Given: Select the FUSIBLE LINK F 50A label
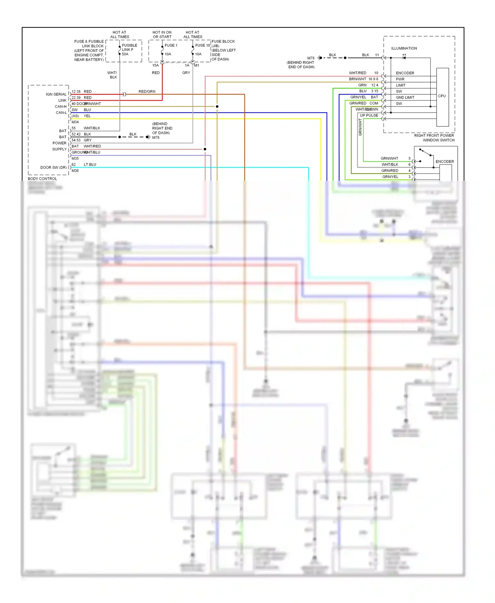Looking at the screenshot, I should pyautogui.click(x=129, y=50).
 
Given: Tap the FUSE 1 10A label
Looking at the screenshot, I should pyautogui.click(x=171, y=50).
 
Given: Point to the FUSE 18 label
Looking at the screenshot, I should pyautogui.click(x=202, y=46).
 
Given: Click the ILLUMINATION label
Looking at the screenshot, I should pyautogui.click(x=404, y=48).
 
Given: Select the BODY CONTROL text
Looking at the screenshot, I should pyautogui.click(x=42, y=179).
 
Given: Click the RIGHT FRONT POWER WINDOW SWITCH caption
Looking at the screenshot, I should pyautogui.click(x=434, y=138).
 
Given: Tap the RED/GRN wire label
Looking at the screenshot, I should pyautogui.click(x=147, y=92).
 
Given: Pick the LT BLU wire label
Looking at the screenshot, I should pyautogui.click(x=90, y=165).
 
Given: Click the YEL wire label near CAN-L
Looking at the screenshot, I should pyautogui.click(x=87, y=116).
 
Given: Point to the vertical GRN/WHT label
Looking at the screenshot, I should pyautogui.click(x=360, y=128).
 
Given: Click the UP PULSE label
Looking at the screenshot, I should pyautogui.click(x=369, y=115).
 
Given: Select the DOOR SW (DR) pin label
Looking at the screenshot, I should pyautogui.click(x=53, y=168).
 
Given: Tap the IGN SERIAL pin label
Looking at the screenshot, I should pyautogui.click(x=56, y=94).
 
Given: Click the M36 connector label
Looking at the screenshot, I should pyautogui.click(x=75, y=171).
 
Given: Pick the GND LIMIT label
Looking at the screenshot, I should pyautogui.click(x=405, y=98).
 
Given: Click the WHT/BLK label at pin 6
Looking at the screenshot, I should pyautogui.click(x=390, y=165).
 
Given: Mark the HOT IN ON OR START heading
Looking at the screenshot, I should pyautogui.click(x=162, y=35).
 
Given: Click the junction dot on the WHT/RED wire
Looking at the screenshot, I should pyautogui.click(x=205, y=149).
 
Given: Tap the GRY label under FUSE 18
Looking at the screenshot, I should pyautogui.click(x=186, y=73).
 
